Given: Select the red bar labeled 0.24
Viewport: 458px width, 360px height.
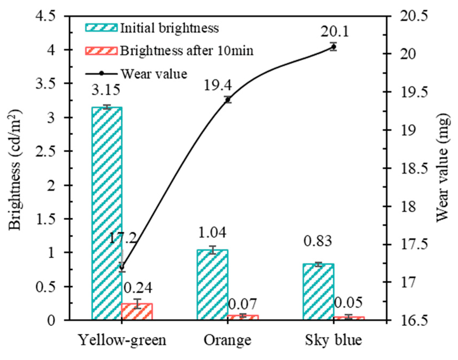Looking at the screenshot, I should pyautogui.click(x=137, y=312).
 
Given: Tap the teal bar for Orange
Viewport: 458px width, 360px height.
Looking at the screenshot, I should pyautogui.click(x=212, y=285).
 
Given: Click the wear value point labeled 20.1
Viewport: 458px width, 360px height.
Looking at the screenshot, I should pyautogui.click(x=333, y=47).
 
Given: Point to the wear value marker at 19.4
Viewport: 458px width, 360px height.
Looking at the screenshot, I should pyautogui.click(x=228, y=100).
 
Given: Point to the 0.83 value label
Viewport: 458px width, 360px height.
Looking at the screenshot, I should pyautogui.click(x=318, y=241).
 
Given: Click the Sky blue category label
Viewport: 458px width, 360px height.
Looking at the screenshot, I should pyautogui.click(x=333, y=340).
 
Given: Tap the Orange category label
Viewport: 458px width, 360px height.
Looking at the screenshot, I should pyautogui.click(x=227, y=340).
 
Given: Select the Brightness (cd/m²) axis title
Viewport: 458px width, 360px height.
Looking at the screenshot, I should pyautogui.click(x=15, y=169).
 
